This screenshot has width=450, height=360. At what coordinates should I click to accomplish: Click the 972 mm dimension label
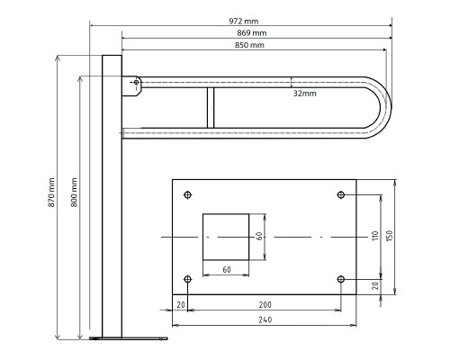[x=244, y=21]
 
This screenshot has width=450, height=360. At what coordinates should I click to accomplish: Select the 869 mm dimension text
[x=252, y=33]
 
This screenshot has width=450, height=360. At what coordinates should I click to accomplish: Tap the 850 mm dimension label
[x=249, y=45]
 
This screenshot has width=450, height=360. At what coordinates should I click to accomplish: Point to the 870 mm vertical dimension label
[x=51, y=193]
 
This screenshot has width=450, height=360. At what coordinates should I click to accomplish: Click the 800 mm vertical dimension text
[x=74, y=193]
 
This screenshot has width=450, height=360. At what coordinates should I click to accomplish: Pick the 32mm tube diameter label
[x=304, y=94]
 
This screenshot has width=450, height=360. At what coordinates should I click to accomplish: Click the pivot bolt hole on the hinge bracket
[x=136, y=82]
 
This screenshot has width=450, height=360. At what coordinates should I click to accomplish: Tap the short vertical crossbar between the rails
[x=211, y=108]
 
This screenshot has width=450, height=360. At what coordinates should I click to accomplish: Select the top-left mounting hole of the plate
[x=188, y=195]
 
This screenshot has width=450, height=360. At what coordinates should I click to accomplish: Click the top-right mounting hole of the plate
[x=341, y=195]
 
